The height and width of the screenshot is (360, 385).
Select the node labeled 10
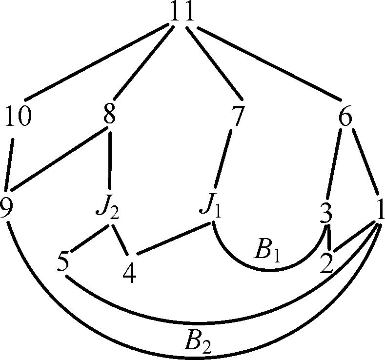pyautogui.click(x=19, y=116)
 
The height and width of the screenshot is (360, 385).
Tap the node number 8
pyautogui.click(x=109, y=114)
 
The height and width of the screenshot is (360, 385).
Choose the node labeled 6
pyautogui.click(x=345, y=116)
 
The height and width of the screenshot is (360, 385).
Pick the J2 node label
pyautogui.click(x=108, y=208)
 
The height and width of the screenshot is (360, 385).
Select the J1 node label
pyautogui.click(x=210, y=208)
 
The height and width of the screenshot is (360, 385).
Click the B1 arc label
pyautogui.click(x=266, y=254)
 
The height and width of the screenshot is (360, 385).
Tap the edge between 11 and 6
pyautogui.click(x=269, y=63)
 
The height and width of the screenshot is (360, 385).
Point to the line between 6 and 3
pyautogui.click(x=334, y=164)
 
